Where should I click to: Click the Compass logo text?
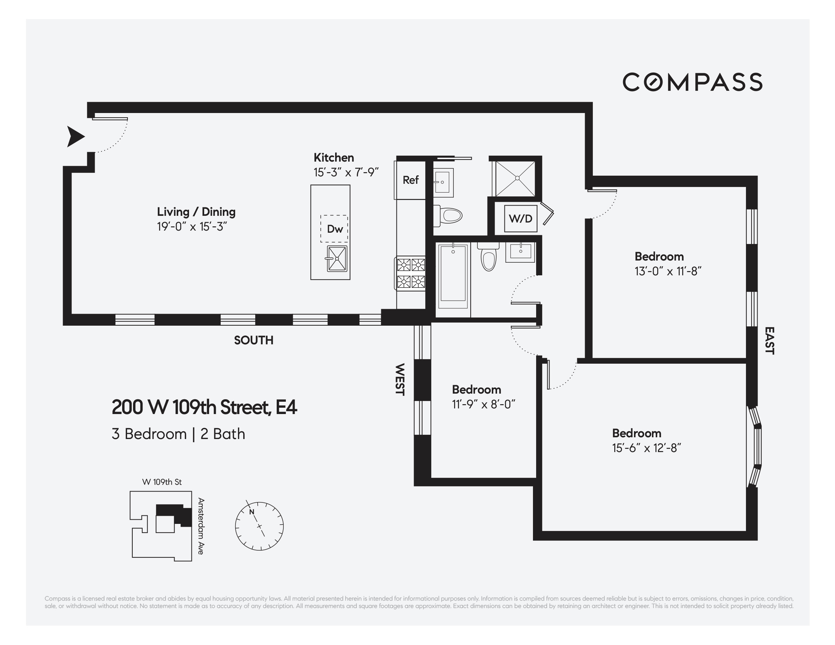point(692,82)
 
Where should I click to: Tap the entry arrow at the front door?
point(75,137)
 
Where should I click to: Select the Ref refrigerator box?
point(410,180)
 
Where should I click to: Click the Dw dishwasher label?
point(334,229)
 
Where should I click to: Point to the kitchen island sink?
point(337,259)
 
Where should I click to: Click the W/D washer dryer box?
point(520,219)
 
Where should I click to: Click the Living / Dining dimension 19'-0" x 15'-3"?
point(192,227)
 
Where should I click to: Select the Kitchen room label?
point(333,157)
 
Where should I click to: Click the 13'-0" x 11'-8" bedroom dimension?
point(667,271)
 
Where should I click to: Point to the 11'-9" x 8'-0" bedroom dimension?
point(483,405)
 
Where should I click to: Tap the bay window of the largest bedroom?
point(755,446)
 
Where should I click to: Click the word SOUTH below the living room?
point(253,340)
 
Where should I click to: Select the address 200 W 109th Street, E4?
point(204,407)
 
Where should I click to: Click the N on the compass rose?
point(252,512)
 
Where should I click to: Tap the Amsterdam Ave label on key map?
point(201,526)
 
